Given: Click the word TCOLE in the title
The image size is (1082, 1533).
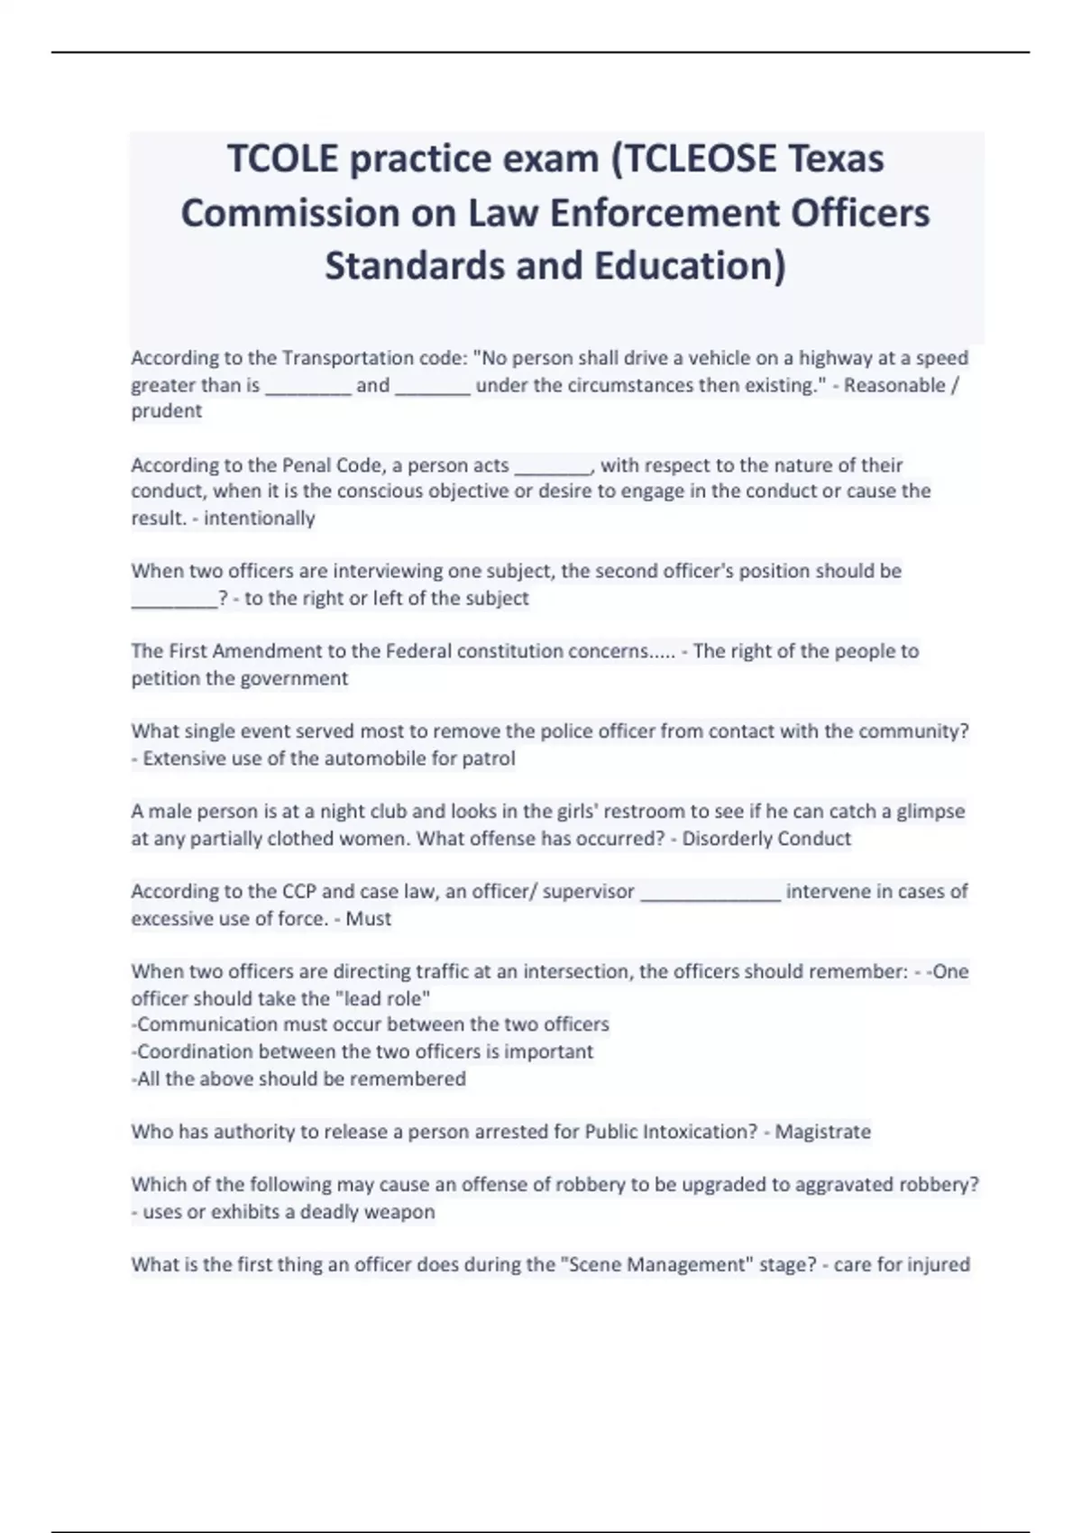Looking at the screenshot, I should click(x=282, y=159).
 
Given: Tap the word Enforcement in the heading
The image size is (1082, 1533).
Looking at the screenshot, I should click(x=665, y=214).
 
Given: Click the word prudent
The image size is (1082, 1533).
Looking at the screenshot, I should click(x=167, y=411).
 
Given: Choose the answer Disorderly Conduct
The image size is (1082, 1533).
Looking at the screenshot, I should click(x=766, y=839).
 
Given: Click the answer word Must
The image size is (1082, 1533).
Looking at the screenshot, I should click(x=369, y=919).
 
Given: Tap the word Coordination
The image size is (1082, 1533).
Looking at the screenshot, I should click(x=195, y=1052).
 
